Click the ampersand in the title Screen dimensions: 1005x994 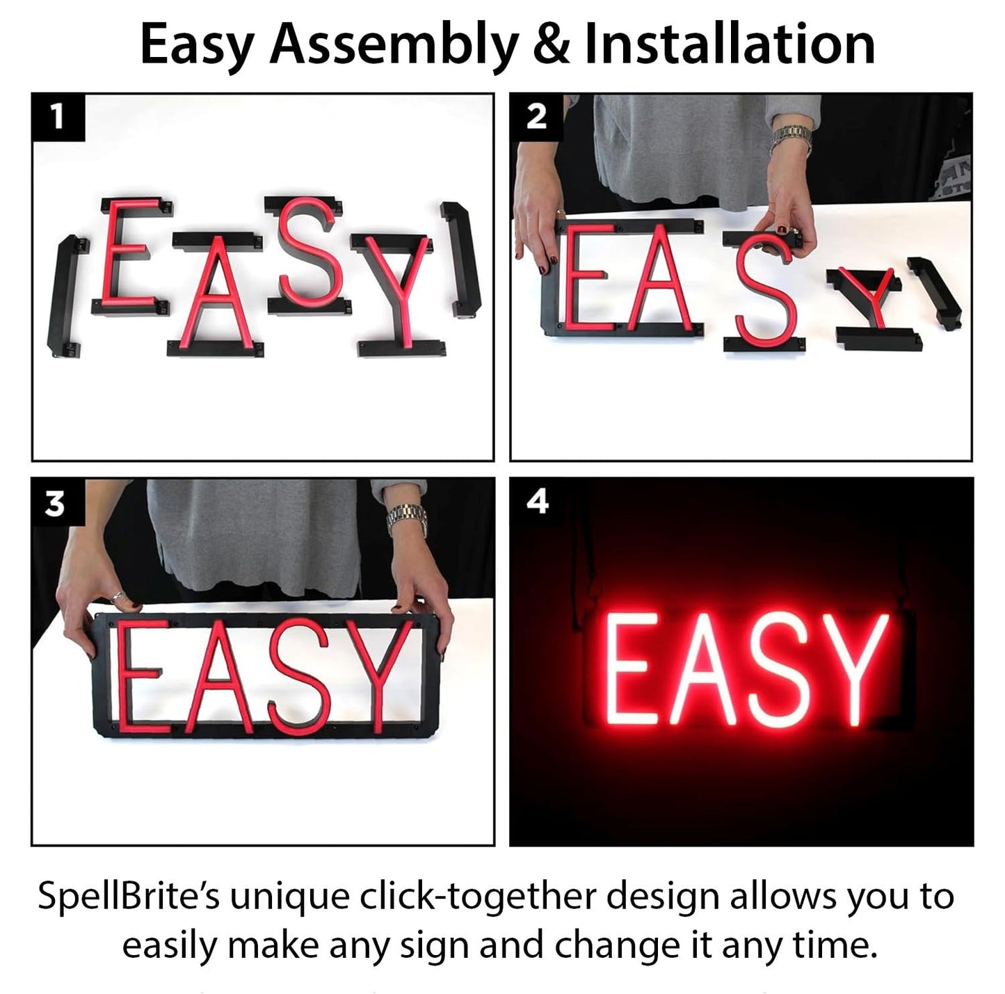coord(552,45)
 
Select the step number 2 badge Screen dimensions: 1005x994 coord(537,117)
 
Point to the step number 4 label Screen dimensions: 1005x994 coord(537,502)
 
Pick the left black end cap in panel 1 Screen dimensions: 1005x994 coord(64,296)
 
